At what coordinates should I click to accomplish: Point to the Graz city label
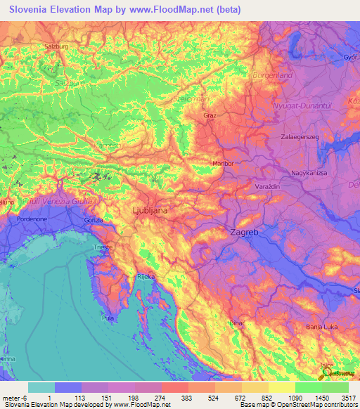coord(209,115)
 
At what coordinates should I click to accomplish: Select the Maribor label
coord(223,163)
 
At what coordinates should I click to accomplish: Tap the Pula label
coord(108,318)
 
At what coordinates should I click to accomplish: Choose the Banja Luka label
coord(323,327)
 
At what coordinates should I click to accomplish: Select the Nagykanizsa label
coord(310,171)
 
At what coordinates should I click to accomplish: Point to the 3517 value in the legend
coord(349,397)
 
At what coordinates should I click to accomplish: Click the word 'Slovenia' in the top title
coord(32,9)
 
